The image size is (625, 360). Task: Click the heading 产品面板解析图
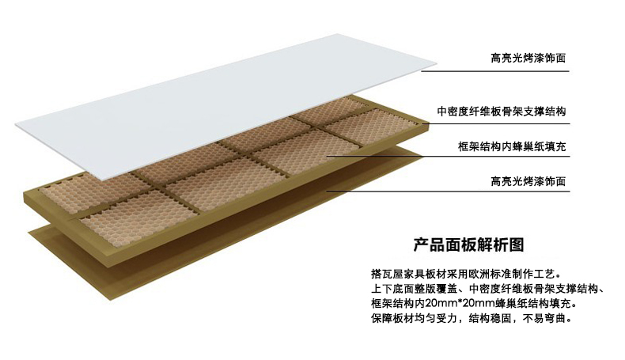point(469,244)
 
